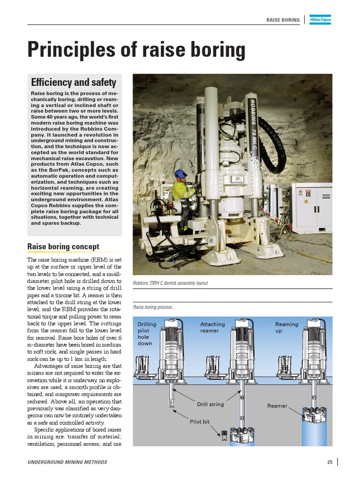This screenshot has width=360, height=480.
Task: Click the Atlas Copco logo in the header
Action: tap(321, 20)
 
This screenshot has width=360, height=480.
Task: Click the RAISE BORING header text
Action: tap(283, 20)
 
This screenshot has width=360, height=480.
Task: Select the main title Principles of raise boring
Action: tap(136, 50)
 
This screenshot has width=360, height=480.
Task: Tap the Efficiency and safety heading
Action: tap(74, 82)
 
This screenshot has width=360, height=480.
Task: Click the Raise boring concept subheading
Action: tap(63, 247)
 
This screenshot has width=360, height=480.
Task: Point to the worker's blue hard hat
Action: tap(180, 173)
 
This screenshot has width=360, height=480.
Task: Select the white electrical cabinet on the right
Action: tap(312, 206)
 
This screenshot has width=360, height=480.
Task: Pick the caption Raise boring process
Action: tap(153, 307)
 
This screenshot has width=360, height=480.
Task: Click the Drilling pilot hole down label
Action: tap(147, 334)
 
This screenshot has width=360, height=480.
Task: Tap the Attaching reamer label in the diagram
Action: tap(212, 327)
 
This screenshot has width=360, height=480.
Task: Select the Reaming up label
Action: tap(286, 327)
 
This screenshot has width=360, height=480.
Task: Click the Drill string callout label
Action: tap(210, 404)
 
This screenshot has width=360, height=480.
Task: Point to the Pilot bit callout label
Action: tap(199, 421)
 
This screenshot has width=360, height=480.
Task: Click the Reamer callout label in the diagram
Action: tap(277, 406)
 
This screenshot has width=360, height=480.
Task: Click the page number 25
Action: tap(330, 462)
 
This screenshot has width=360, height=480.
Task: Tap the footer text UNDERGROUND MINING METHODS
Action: tap(67, 462)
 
